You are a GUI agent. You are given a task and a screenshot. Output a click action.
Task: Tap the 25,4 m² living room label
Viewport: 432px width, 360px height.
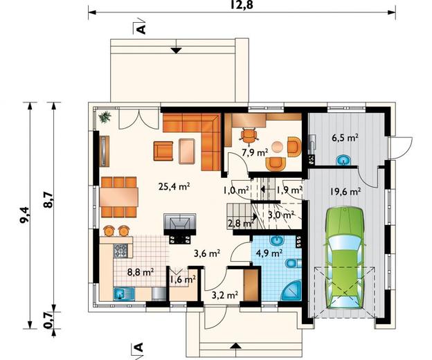point(174,186)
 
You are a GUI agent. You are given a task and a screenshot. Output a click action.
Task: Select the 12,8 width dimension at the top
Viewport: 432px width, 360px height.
point(242,5)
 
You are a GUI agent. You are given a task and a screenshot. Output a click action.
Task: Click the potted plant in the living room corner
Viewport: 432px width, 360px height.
point(105,117)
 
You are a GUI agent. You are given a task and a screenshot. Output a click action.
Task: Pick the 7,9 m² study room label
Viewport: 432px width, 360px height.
point(255,152)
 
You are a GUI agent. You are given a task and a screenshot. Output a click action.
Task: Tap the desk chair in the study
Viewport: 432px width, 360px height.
point(249,136)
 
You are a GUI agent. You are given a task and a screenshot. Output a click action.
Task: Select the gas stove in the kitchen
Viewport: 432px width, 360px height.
point(120,251)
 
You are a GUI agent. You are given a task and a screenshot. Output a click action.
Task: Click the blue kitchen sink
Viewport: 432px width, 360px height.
point(123,294)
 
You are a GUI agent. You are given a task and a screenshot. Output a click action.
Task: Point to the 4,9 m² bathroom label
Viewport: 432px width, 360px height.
point(269,252)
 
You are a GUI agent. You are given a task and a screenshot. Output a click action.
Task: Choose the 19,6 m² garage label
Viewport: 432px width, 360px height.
point(345,191)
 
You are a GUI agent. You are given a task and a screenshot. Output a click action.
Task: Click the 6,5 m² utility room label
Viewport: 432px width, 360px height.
point(345,138)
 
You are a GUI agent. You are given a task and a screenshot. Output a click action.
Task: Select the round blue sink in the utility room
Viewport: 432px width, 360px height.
point(343,160)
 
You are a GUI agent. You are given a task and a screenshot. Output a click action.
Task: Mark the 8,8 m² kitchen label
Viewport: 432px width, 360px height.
point(141,272)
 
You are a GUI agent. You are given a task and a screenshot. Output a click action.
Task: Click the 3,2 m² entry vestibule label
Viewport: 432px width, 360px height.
point(225,296)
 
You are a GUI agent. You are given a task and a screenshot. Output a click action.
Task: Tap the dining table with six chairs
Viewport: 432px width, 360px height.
point(119,197)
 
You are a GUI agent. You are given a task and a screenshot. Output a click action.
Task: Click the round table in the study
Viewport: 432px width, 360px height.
point(277,147)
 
